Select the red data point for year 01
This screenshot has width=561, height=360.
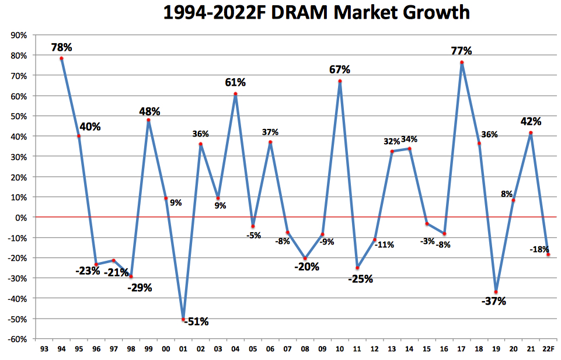[183, 320]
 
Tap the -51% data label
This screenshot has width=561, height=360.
[196, 321]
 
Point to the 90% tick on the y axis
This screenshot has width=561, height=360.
[18, 35]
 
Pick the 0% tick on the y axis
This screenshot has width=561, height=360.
[20, 217]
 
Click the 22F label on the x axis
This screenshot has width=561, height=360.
[548, 348]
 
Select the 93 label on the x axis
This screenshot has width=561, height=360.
[44, 348]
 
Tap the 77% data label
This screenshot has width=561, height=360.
[461, 51]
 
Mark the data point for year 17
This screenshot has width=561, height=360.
[461, 62]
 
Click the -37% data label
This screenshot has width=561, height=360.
[494, 302]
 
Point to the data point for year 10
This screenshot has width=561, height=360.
[340, 81]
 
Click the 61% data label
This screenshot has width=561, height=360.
[235, 83]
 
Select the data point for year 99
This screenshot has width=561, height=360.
[148, 120]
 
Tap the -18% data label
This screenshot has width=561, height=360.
[538, 249]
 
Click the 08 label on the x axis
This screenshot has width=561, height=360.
[305, 348]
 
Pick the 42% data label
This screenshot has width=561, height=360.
[531, 122]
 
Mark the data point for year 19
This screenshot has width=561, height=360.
[496, 292]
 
